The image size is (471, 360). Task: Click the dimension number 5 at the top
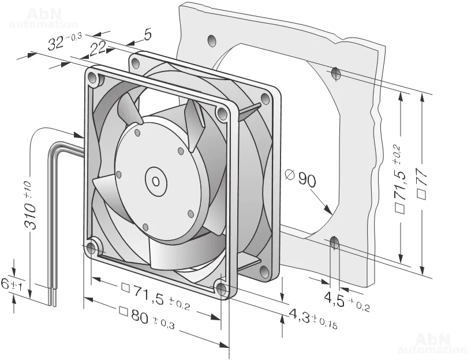pos(147,36)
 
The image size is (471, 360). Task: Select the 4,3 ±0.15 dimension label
pos(312,318)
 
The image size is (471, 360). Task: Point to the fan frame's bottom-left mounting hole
pos(91,249)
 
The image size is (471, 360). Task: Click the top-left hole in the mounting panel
pos(212,40)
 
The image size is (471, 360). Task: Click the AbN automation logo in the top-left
pos(43,17)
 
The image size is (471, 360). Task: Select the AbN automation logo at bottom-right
pos(432,343)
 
